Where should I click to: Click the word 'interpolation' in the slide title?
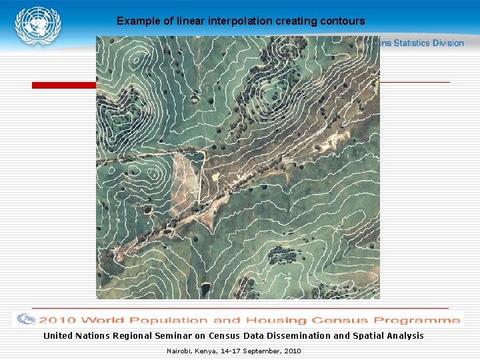(x=241, y=21)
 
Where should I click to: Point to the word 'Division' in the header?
(x=447, y=43)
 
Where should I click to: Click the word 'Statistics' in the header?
(x=411, y=43)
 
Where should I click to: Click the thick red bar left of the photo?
(x=64, y=85)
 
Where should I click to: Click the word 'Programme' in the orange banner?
(x=419, y=319)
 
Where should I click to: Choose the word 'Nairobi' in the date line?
(x=179, y=351)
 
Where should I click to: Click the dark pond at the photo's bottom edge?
(x=205, y=289)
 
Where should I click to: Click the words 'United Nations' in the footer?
(x=75, y=336)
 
